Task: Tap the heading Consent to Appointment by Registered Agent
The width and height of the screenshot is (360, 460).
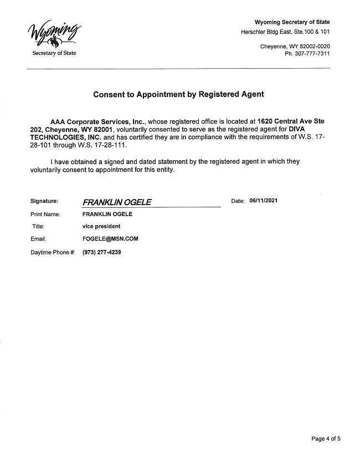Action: (x=178, y=94)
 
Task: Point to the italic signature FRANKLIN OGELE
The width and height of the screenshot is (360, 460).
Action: (x=117, y=202)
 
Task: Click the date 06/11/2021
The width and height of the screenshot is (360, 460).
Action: (x=264, y=201)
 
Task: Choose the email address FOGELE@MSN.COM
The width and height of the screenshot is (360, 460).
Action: (x=110, y=239)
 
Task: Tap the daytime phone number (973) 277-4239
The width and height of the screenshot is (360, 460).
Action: (x=101, y=252)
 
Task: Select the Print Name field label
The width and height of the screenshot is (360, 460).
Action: (x=45, y=214)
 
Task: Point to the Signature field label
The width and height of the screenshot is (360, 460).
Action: (x=44, y=201)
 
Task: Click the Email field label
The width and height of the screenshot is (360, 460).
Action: (x=38, y=239)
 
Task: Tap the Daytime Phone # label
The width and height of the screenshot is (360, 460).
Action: (x=53, y=253)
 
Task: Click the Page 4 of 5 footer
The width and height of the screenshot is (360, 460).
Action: (x=326, y=439)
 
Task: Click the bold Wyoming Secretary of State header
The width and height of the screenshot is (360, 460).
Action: (x=292, y=22)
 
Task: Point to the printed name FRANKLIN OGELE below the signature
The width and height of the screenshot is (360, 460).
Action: (x=107, y=214)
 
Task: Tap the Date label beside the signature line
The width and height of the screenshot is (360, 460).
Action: (x=238, y=201)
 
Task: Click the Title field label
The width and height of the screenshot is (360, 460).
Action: (x=38, y=226)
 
